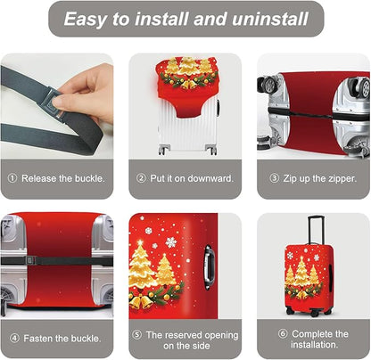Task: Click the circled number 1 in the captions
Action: click(12, 177)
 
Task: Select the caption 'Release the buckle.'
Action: click(62, 177)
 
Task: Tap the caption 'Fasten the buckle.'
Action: click(62, 338)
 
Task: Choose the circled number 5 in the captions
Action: click(136, 334)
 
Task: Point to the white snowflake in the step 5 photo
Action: click(169, 241)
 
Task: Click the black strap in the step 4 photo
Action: click(54, 262)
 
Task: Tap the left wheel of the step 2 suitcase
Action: click(163, 150)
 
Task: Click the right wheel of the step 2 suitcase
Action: click(212, 150)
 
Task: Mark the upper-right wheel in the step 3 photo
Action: click(359, 86)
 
